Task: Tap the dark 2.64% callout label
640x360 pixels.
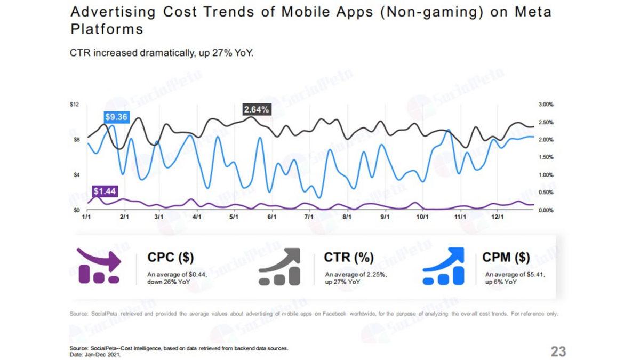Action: [x=256, y=109]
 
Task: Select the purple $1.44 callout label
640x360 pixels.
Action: [x=105, y=190]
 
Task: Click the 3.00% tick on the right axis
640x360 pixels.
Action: [x=546, y=105]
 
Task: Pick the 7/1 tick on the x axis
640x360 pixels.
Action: [x=308, y=218]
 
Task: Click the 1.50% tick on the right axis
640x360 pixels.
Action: [x=546, y=157]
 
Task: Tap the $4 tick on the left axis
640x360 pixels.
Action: [x=76, y=175]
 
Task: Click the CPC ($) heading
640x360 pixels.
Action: [x=170, y=258]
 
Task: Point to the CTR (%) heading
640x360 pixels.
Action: [x=348, y=258]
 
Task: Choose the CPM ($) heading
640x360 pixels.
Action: [x=506, y=258]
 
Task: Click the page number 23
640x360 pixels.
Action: [x=558, y=351]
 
